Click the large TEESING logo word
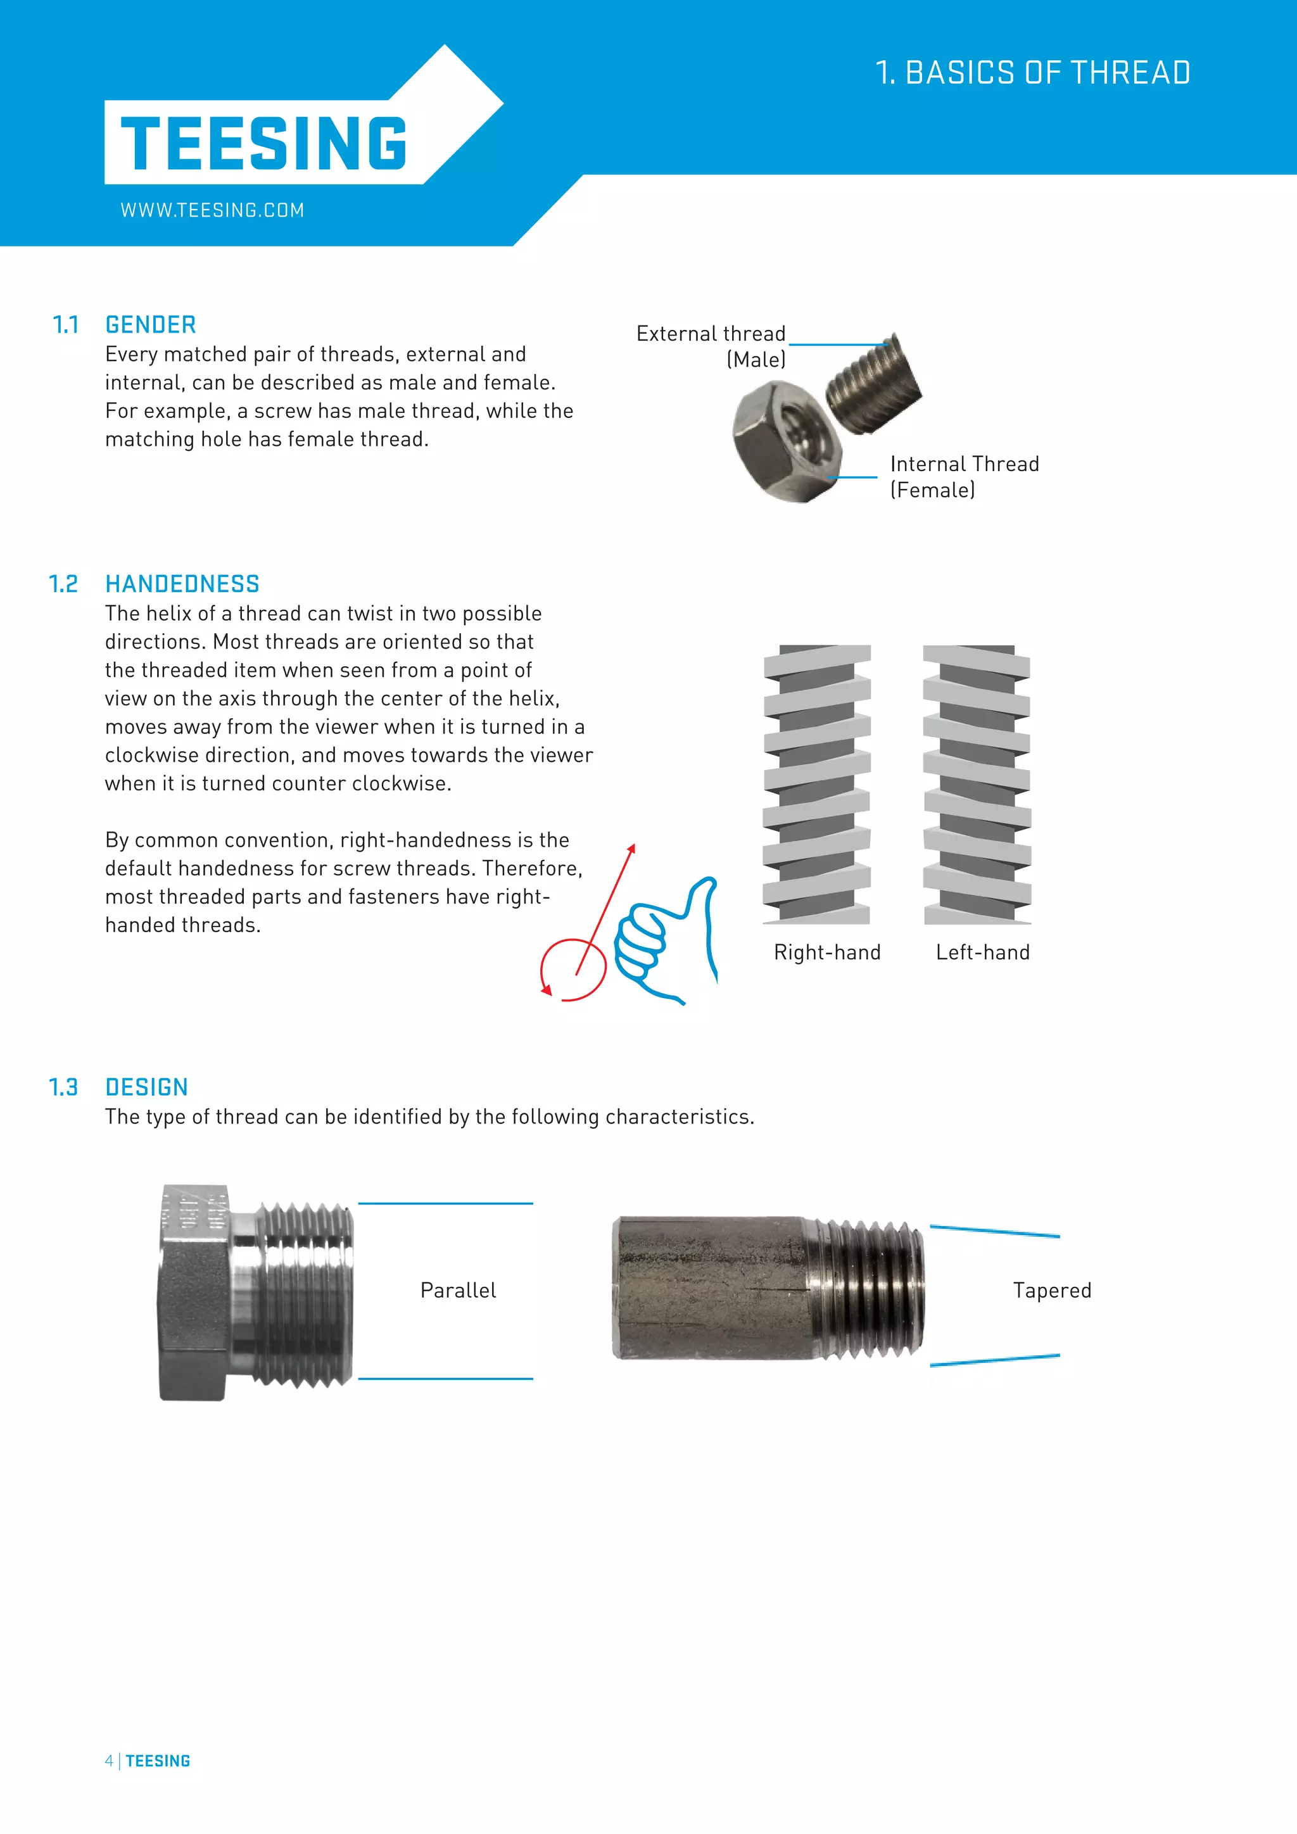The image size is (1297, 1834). coord(263,144)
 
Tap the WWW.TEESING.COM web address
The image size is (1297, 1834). coord(212,210)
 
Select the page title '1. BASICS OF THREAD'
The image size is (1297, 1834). coord(1033,73)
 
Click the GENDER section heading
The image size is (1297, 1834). coord(150,325)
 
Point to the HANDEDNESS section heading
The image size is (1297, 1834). coord(182,584)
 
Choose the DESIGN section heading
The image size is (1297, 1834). coord(146,1087)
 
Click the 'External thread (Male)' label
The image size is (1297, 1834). coord(711,346)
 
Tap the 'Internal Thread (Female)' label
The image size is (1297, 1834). coord(964,477)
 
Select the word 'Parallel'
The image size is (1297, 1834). coord(458,1290)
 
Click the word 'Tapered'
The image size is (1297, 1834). coord(1052,1290)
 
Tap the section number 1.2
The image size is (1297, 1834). coord(63,584)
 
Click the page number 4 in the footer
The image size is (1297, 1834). coord(109,1761)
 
